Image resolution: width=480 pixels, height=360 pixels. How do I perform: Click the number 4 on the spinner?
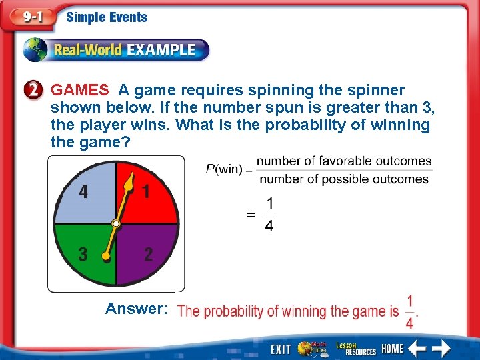(x=83, y=192)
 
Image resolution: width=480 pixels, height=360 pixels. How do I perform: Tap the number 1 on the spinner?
(x=146, y=192)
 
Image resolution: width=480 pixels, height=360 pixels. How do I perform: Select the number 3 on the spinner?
(x=83, y=254)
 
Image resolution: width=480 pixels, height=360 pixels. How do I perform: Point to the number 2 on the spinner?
(x=148, y=254)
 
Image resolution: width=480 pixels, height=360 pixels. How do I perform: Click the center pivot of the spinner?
(x=116, y=223)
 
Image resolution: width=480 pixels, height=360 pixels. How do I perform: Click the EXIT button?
(x=281, y=349)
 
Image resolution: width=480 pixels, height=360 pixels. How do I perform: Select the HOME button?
(x=392, y=349)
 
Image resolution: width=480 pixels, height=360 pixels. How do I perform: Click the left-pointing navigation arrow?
(x=417, y=349)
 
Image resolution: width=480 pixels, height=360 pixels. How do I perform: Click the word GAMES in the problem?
(x=80, y=90)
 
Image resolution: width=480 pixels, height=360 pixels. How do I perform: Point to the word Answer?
(x=136, y=309)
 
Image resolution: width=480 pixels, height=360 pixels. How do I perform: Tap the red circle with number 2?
(x=37, y=90)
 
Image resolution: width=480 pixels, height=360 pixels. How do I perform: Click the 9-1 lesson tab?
(x=31, y=17)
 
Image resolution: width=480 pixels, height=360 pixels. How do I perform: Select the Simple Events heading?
(x=107, y=17)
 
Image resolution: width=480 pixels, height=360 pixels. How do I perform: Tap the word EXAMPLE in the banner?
(x=161, y=50)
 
